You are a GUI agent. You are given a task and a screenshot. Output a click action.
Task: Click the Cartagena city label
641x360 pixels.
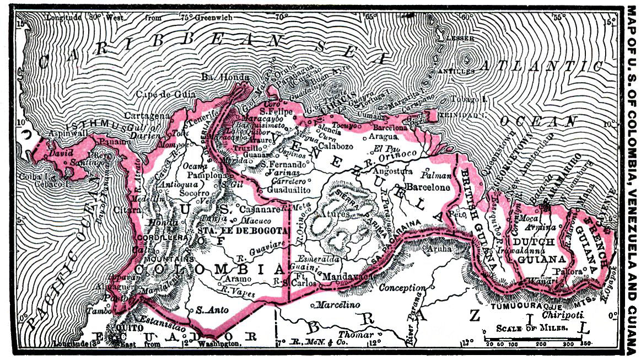[146, 116]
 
